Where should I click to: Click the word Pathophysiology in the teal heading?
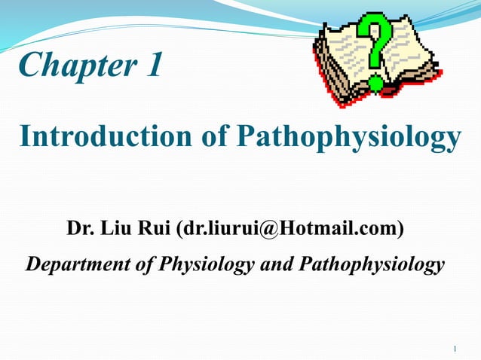348,137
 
